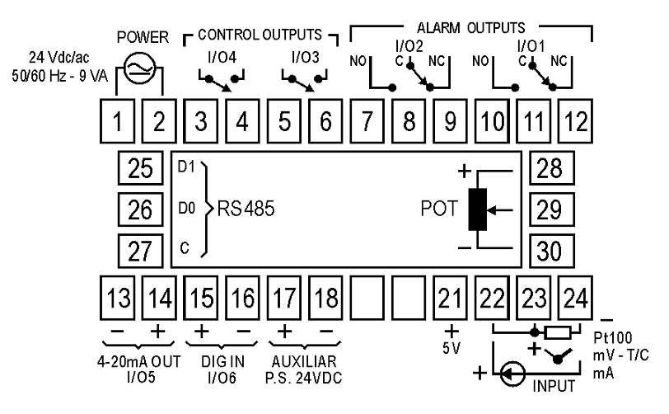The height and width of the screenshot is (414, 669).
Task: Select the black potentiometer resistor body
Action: point(477,209)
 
